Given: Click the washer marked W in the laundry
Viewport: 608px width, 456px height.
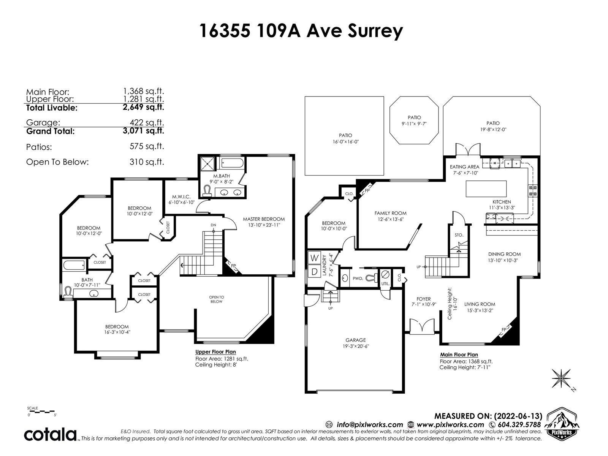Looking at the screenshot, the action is click(314, 258).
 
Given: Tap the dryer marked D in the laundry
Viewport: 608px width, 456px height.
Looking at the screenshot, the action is click(314, 272).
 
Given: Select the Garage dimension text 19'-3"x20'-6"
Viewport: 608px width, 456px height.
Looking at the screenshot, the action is click(356, 346).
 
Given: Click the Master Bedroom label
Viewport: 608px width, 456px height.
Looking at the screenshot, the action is click(264, 219).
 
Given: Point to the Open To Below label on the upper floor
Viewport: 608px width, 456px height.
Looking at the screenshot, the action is click(216, 299).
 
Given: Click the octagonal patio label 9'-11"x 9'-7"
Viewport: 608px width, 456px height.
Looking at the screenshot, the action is click(414, 124).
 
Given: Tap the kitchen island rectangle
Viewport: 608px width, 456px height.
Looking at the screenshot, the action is click(486, 189).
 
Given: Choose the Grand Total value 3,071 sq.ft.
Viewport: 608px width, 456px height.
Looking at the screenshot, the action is click(144, 131).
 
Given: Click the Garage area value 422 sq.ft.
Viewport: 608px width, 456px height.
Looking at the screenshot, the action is click(147, 122).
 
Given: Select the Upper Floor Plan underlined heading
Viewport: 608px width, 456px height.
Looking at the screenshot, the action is click(215, 352).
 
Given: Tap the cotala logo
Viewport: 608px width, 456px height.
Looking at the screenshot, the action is click(50, 435).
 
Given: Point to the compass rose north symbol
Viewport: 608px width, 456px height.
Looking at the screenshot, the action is click(561, 378).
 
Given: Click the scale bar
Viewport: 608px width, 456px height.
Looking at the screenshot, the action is click(41, 412).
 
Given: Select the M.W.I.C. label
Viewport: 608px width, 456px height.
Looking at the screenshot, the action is click(181, 197).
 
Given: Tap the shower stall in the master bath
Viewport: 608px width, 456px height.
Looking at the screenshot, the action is click(207, 164).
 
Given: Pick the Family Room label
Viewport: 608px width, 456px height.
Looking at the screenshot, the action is click(391, 213).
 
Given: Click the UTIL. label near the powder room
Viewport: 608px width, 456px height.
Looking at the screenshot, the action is click(385, 284).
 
